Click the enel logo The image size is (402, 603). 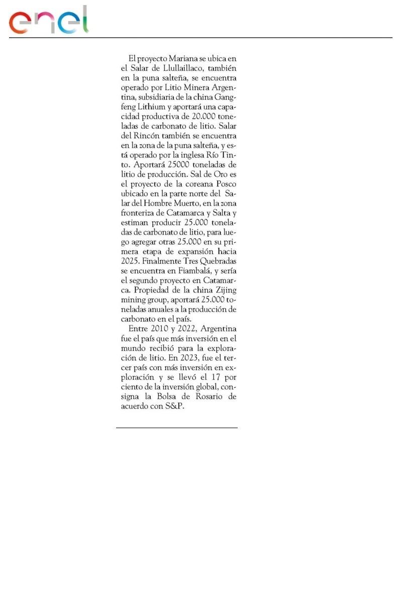(x=48, y=21)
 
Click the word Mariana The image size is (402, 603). (x=177, y=59)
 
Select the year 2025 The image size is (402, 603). (x=130, y=261)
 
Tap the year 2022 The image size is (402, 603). (x=188, y=329)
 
